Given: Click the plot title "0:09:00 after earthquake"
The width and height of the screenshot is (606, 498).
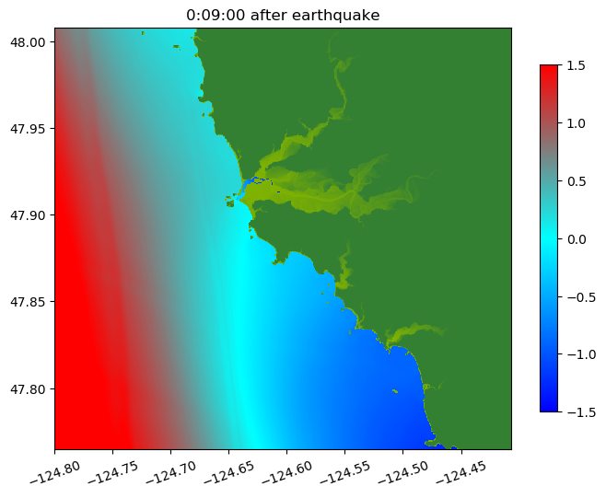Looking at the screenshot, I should point(283,15).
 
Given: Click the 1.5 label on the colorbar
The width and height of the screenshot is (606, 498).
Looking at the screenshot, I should point(577,65).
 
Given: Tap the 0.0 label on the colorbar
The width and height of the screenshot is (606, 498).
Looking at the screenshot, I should point(577,238).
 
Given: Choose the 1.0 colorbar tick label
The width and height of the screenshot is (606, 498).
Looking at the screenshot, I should point(577,123).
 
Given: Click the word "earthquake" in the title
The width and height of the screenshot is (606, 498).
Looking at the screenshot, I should point(340,15).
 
